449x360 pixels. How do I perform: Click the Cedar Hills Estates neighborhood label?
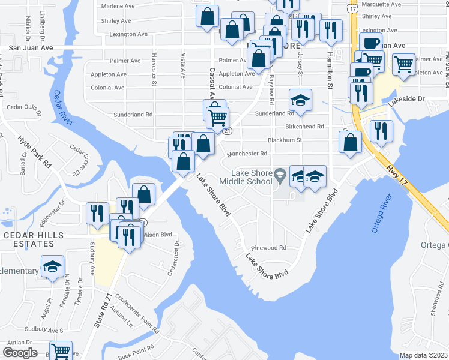(29, 239)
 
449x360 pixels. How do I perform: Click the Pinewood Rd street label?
(269, 248)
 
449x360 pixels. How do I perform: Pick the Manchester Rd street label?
(247, 154)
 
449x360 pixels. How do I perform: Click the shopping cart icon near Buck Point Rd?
(61, 351)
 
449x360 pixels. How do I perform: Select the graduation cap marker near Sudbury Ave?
(52, 266)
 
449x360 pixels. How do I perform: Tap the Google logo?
(20, 353)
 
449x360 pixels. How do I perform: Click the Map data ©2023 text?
(423, 355)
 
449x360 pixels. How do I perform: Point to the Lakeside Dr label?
(406, 99)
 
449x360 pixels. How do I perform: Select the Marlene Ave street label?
(118, 6)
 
